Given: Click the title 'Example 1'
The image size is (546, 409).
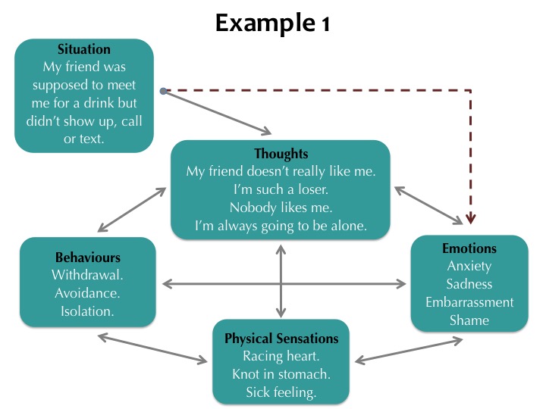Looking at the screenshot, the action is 272,23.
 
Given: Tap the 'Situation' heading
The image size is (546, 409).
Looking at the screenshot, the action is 84,49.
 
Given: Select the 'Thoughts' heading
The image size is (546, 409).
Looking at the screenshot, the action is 281,153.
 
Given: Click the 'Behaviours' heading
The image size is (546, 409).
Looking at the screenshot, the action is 88,258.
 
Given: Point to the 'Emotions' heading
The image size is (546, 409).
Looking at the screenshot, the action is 469,248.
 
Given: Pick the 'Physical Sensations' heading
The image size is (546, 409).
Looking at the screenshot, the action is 281,339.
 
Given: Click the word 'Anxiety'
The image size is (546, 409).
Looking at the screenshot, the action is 469,266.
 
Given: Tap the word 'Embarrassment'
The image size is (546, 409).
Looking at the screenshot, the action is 469,302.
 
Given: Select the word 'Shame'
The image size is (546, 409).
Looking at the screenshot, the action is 469,320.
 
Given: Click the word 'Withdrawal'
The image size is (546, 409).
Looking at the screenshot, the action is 87,275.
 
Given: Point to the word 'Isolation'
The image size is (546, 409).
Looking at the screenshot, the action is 87,311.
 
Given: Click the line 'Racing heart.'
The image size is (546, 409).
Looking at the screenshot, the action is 281,356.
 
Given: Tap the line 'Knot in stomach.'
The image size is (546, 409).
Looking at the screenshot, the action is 281,374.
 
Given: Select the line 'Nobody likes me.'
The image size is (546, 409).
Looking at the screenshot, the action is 281,208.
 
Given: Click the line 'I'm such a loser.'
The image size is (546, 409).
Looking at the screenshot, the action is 281,189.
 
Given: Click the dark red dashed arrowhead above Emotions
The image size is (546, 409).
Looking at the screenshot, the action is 470,218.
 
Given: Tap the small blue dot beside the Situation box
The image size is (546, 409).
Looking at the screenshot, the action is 163,91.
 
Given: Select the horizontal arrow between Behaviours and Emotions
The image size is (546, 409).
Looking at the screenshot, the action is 284,284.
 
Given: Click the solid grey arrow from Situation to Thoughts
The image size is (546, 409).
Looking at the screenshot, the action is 218,112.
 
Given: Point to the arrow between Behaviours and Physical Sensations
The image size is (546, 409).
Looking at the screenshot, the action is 152,349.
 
